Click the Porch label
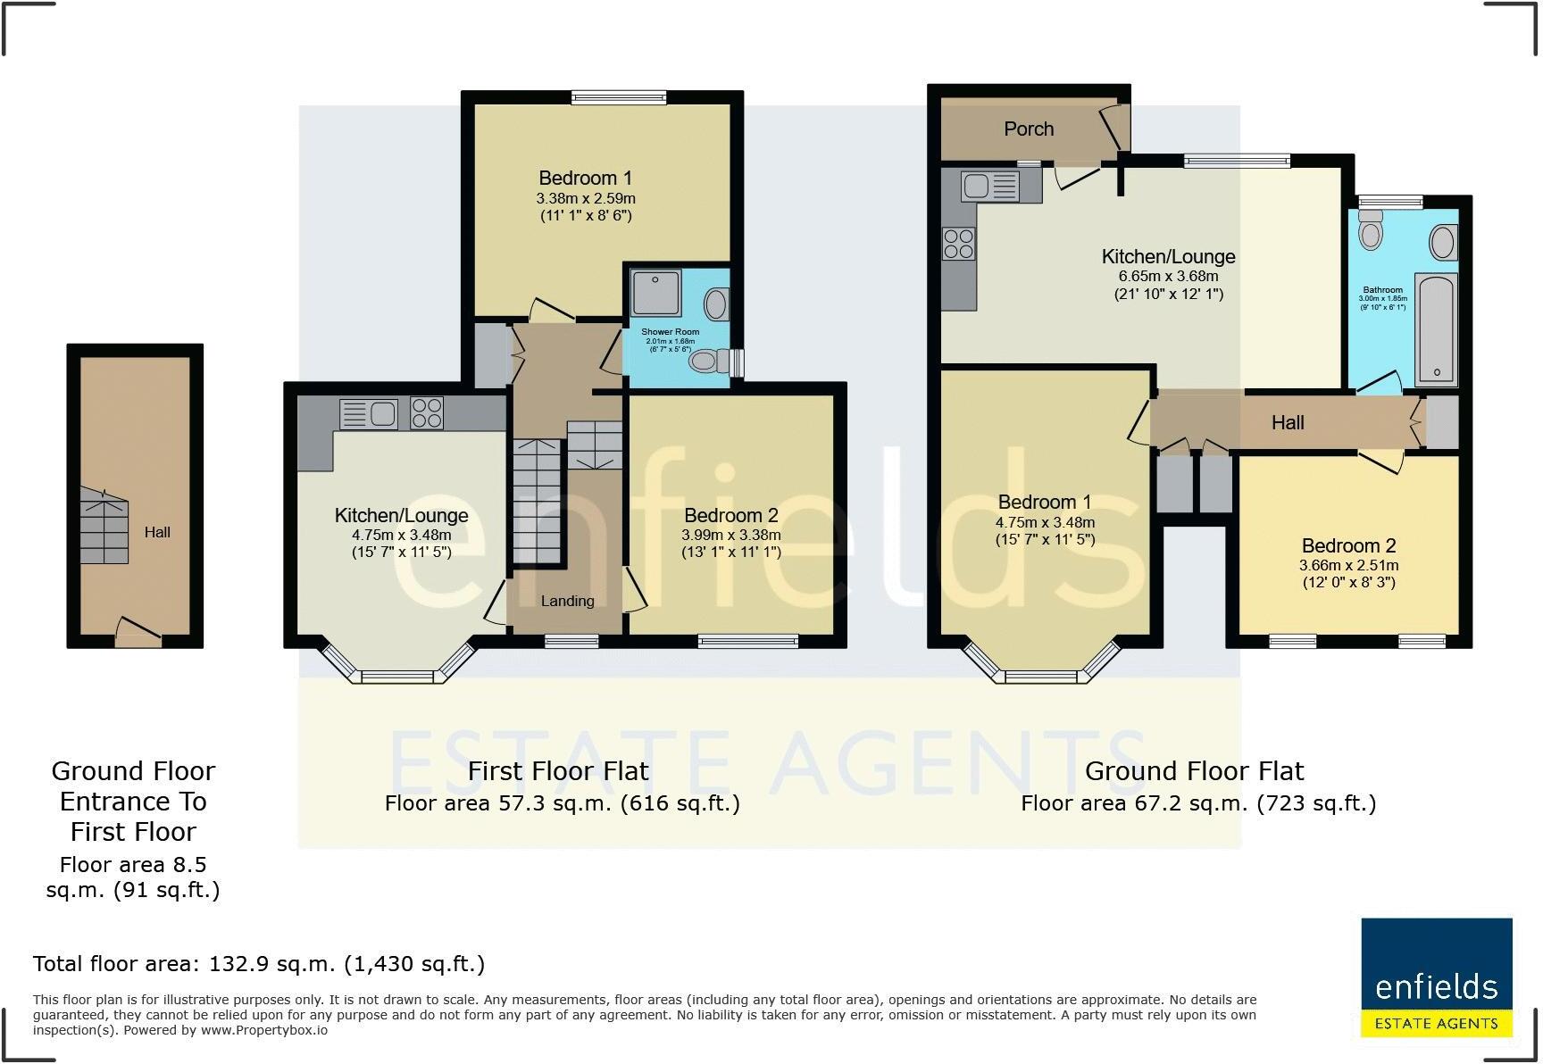click(x=1029, y=129)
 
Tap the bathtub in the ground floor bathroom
click(x=1437, y=330)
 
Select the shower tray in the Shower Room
click(x=656, y=292)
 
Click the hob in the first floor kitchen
click(x=427, y=413)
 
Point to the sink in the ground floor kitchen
click(x=989, y=186)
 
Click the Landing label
click(x=567, y=601)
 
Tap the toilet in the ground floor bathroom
click(x=1370, y=230)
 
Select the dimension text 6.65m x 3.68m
click(x=1168, y=276)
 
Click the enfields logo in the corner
click(x=1436, y=977)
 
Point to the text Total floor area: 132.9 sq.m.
click(x=259, y=963)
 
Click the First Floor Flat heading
click(x=558, y=770)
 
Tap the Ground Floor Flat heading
click(x=1194, y=770)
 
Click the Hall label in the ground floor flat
click(x=1288, y=422)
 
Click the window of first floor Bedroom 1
click(x=619, y=98)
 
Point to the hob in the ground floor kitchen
click(x=958, y=244)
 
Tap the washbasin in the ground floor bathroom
click(x=1442, y=242)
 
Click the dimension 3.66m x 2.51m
click(x=1348, y=565)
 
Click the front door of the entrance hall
click(x=138, y=636)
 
